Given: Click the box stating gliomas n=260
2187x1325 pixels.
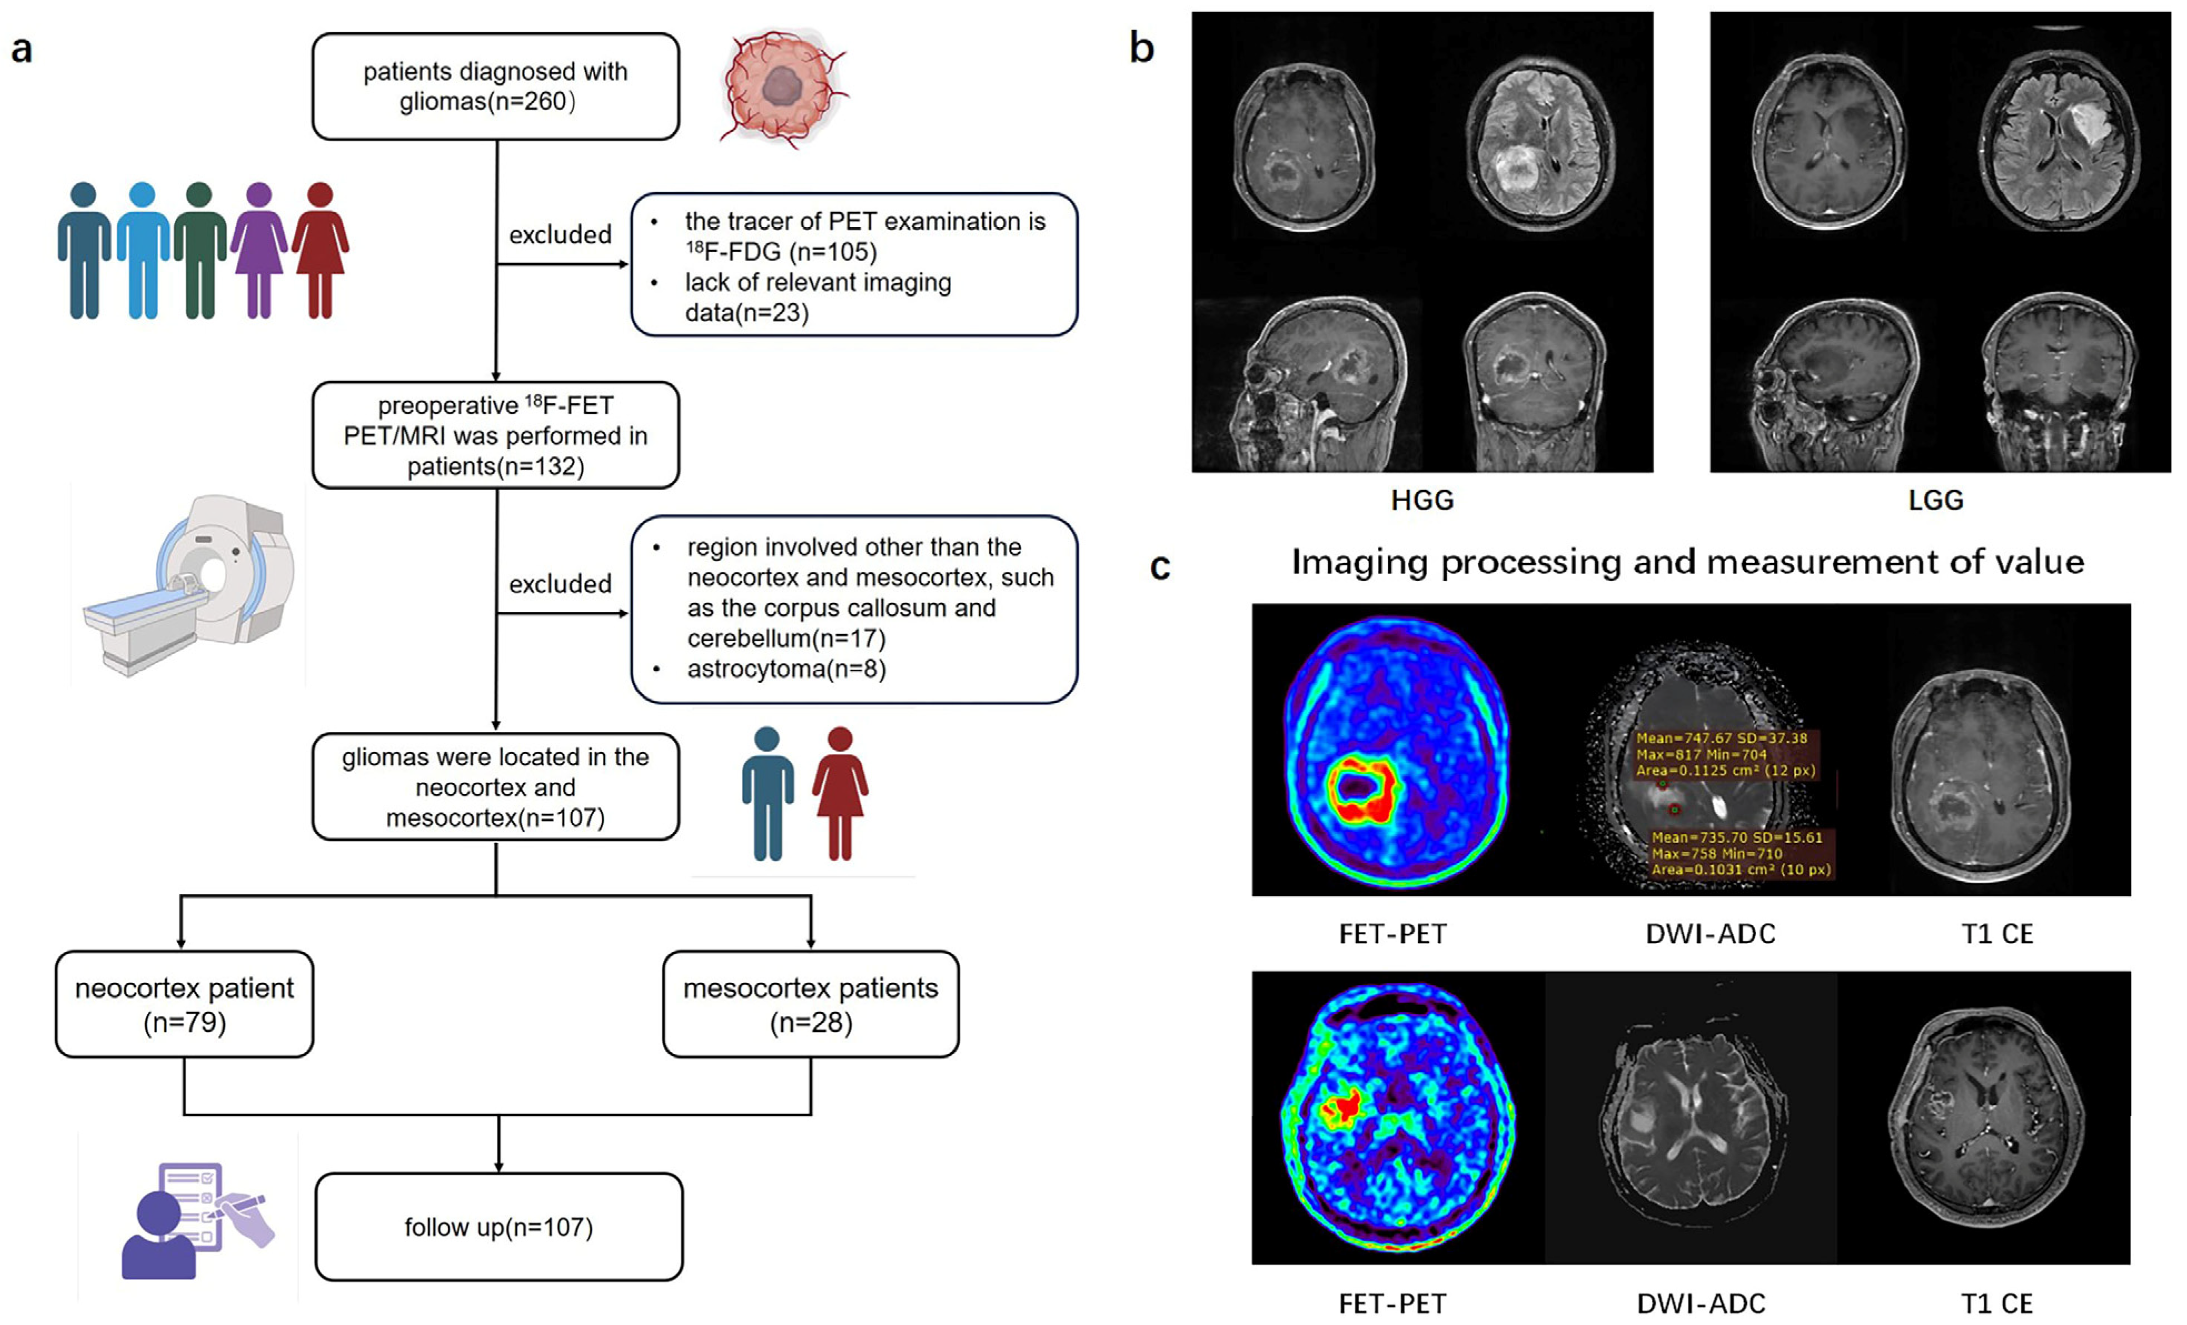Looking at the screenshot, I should (x=495, y=86).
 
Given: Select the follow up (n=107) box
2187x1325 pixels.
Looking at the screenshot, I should (x=498, y=1227).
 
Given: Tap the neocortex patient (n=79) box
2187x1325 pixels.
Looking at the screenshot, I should (x=184, y=1003).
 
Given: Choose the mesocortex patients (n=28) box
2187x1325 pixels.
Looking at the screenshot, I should (x=811, y=1003).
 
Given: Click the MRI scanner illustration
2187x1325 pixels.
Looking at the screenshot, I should (x=191, y=586).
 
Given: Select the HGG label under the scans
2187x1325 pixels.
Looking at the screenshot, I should (x=1422, y=500).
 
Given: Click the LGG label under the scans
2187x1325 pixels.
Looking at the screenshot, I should (x=1936, y=500).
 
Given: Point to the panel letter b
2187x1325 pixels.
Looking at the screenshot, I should (x=1142, y=47).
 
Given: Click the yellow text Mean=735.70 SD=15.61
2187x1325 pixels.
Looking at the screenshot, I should (x=1736, y=837).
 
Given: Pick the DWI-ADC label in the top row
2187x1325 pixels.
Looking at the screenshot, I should (x=1710, y=933).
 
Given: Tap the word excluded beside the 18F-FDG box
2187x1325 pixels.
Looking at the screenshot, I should (x=560, y=235).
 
